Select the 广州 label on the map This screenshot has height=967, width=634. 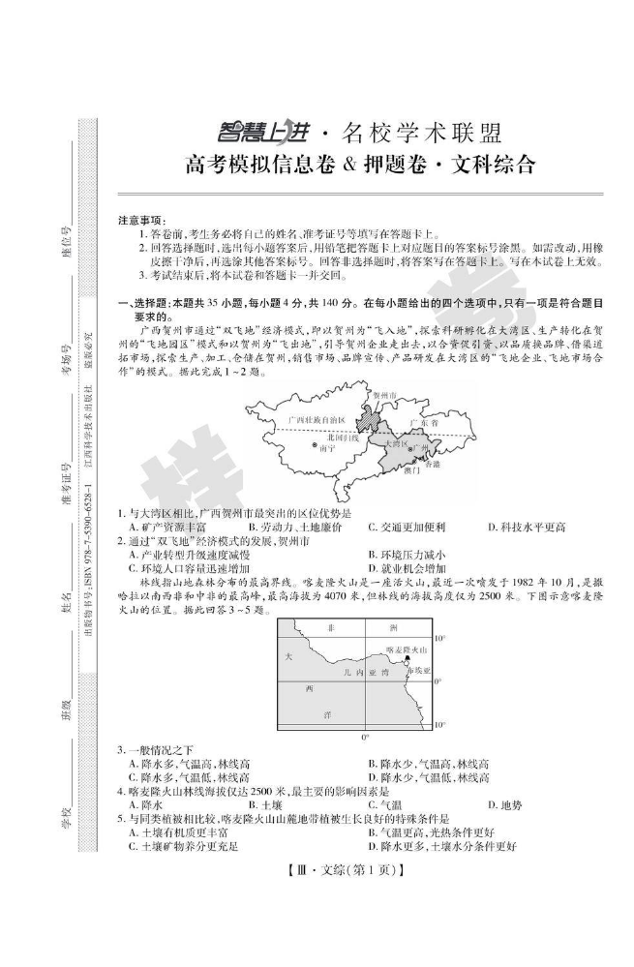click(x=418, y=447)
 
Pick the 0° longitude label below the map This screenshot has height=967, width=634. click(x=365, y=737)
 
